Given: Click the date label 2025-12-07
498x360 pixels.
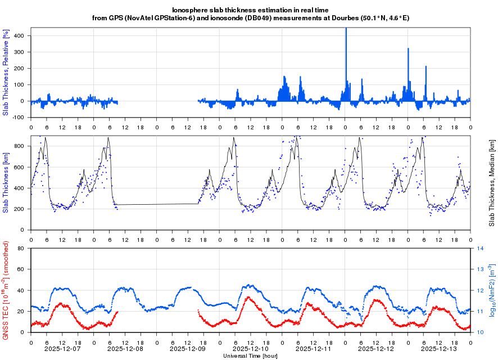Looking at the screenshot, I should coord(62,349).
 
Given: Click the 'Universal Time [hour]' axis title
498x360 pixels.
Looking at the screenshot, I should coord(251,356).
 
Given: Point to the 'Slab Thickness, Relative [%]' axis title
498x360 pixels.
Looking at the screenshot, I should coord(6,73).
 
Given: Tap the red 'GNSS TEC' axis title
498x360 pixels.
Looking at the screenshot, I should coord(6,290).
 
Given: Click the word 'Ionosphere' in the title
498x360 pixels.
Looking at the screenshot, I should coord(191,10).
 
